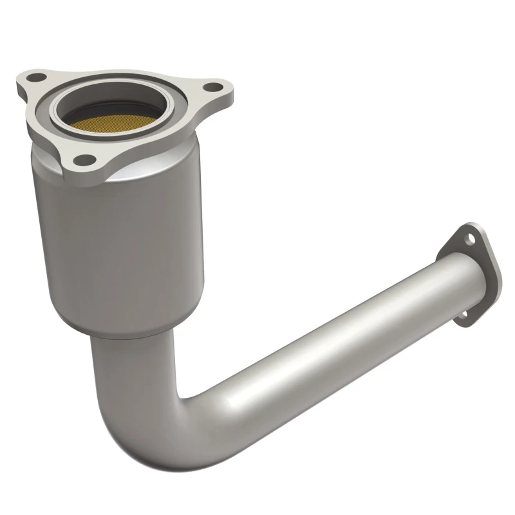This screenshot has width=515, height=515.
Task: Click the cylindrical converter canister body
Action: pyautogui.click(x=122, y=251)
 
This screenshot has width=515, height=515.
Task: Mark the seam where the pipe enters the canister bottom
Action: pyautogui.click(x=129, y=336)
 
